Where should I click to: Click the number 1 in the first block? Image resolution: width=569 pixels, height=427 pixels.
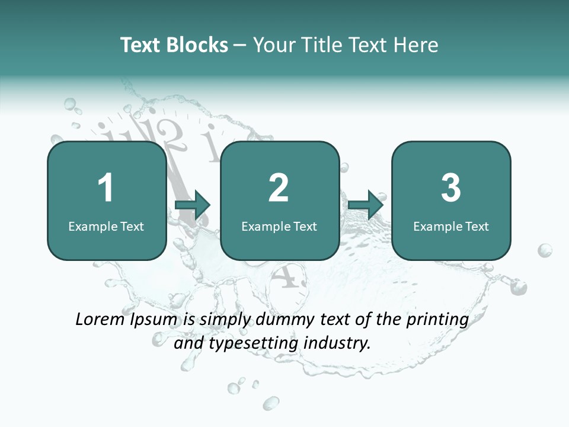(106, 187)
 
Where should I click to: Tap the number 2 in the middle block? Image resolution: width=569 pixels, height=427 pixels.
(279, 187)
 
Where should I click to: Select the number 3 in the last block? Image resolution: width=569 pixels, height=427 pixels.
(451, 187)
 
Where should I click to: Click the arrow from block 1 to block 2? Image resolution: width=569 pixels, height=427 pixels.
(193, 205)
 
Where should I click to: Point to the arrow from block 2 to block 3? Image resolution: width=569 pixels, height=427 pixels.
(366, 205)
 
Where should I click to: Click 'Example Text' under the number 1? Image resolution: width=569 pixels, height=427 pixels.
(106, 227)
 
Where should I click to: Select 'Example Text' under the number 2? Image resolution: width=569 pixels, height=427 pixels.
(279, 227)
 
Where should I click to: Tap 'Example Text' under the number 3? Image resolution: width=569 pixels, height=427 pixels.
(451, 227)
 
